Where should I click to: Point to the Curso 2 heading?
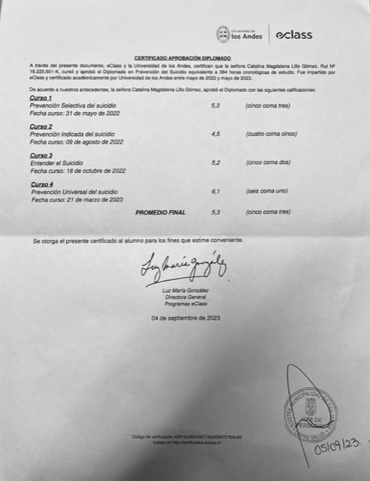point(41,126)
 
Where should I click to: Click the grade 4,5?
point(216,134)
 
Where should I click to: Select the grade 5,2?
point(216,163)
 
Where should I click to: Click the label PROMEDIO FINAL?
point(159,213)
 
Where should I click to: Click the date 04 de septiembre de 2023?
point(185,319)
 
